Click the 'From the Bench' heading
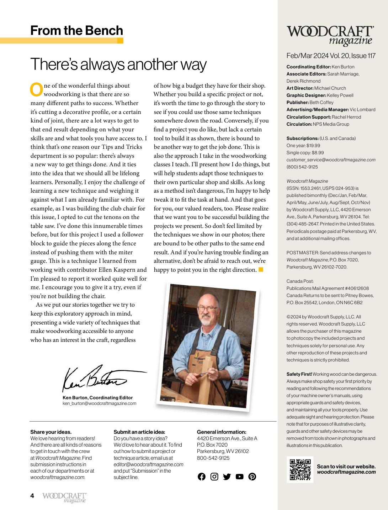pos(76,31)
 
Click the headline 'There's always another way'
pos(118,64)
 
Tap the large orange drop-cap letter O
pos(36,90)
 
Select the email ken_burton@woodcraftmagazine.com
pos(99,404)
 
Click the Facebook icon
pos(202,477)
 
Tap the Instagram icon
pos(214,477)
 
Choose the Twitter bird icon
pos(227,477)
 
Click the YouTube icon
pos(239,477)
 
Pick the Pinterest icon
pos(252,477)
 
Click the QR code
pos(300,469)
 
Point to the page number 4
pos(32,496)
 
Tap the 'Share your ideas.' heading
pos(51,432)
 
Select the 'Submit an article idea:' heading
pos(139,432)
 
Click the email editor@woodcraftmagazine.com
pos(148,464)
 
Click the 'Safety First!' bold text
pos(299,374)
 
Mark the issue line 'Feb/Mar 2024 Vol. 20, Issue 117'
pos(331,56)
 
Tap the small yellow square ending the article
pos(261,270)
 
